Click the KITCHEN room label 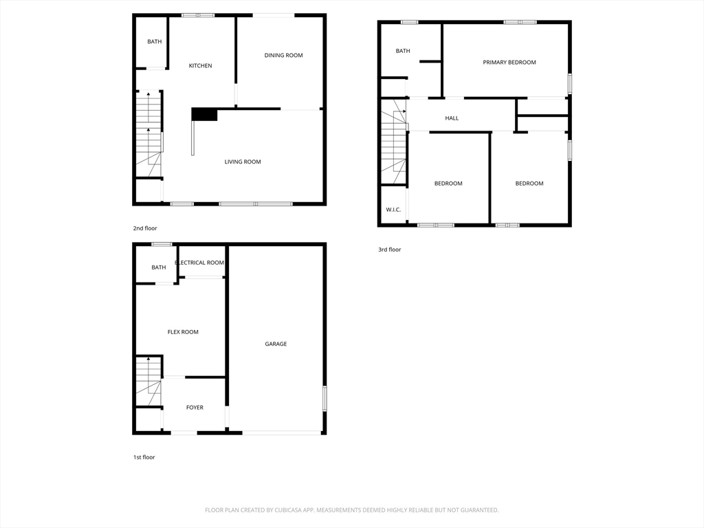pyautogui.click(x=200, y=66)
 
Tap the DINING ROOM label pyautogui.click(x=283, y=56)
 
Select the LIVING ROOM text pyautogui.click(x=243, y=162)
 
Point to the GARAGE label pyautogui.click(x=276, y=344)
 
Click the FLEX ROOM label pyautogui.click(x=183, y=332)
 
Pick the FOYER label pyautogui.click(x=195, y=408)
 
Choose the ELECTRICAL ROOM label pyautogui.click(x=199, y=263)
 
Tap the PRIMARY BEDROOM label pyautogui.click(x=509, y=63)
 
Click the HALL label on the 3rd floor pyautogui.click(x=452, y=118)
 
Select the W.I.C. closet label pyautogui.click(x=393, y=210)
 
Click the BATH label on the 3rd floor pyautogui.click(x=403, y=51)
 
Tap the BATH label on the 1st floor pyautogui.click(x=159, y=267)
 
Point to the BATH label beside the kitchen pyautogui.click(x=155, y=42)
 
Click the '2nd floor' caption pyautogui.click(x=145, y=228)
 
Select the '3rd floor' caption pyautogui.click(x=389, y=250)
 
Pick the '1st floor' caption pyautogui.click(x=144, y=457)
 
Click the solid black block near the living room pyautogui.click(x=203, y=114)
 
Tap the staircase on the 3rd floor pyautogui.click(x=394, y=143)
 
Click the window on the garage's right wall pyautogui.click(x=324, y=399)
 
